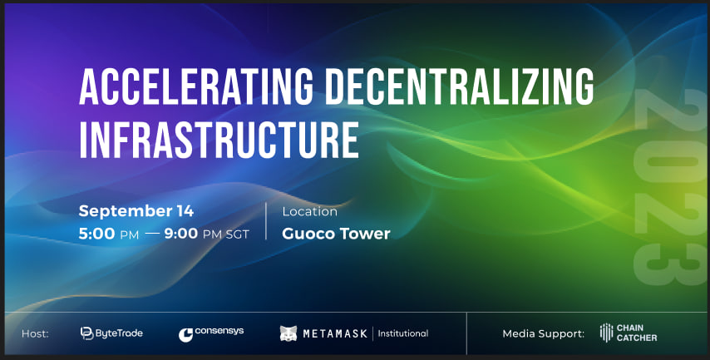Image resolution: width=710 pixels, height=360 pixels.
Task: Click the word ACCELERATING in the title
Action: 196,86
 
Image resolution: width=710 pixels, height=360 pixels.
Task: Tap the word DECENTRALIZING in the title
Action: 459,86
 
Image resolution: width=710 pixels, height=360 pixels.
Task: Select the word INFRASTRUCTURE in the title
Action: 219,139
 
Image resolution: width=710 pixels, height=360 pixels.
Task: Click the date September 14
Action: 136,211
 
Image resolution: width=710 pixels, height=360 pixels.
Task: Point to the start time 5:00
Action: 96,234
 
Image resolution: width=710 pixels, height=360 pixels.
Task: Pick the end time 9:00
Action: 181,234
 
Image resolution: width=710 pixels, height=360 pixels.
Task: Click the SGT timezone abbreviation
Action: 237,234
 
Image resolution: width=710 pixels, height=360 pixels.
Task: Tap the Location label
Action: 310,211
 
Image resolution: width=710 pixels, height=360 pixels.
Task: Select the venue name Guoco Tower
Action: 336,234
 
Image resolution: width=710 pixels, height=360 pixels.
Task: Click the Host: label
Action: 35,334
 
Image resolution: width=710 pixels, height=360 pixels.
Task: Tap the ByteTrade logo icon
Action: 86,333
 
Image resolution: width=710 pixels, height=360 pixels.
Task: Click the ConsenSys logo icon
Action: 185,335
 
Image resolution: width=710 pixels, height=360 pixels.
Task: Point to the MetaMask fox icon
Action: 288,333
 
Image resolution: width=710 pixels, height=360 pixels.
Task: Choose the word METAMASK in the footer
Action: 334,334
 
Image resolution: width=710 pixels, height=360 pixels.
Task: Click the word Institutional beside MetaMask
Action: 403,333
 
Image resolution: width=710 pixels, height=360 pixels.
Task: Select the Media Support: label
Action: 544,334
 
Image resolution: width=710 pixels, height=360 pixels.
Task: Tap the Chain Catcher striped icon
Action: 606,333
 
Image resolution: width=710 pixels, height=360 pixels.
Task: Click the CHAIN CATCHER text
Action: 637,333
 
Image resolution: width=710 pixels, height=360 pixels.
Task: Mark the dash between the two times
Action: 153,234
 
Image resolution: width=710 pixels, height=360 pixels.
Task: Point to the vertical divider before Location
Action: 266,221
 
